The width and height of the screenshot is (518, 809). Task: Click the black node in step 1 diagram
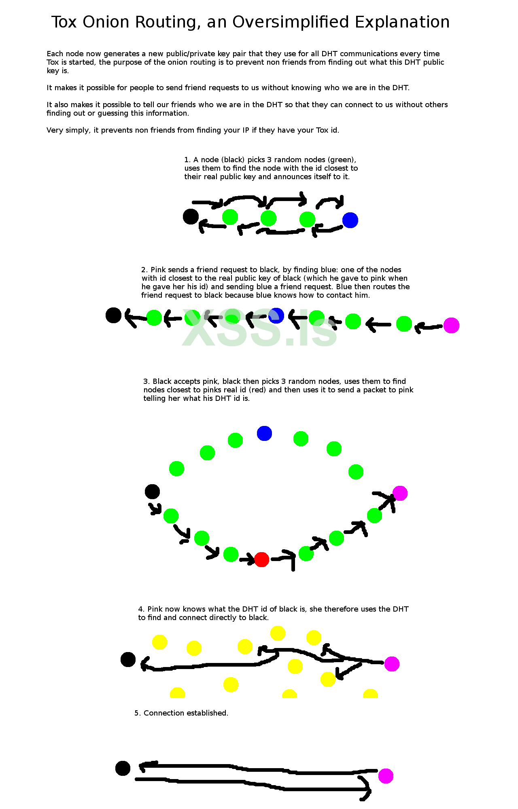coord(191,216)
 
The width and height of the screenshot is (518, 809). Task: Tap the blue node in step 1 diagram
coord(350,220)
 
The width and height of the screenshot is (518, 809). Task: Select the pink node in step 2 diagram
coord(451,325)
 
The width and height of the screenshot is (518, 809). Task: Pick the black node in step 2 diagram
coord(113,315)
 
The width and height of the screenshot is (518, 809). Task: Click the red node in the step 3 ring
coord(261,559)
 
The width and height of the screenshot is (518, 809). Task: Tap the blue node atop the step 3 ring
coord(264,433)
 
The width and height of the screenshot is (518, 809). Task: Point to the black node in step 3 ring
coord(152,491)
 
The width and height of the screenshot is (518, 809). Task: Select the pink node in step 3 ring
coord(400,493)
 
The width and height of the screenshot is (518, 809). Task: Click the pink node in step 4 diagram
coord(392,664)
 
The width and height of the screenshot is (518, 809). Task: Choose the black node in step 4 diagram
coord(128,659)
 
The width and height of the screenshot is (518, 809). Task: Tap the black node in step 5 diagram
coord(123,768)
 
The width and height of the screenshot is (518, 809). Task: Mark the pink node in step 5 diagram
coord(386,776)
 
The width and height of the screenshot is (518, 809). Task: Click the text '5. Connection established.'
coord(181,713)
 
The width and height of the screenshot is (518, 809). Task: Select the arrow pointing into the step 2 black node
coord(135,318)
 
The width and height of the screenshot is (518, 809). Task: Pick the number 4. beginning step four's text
coord(141,609)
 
